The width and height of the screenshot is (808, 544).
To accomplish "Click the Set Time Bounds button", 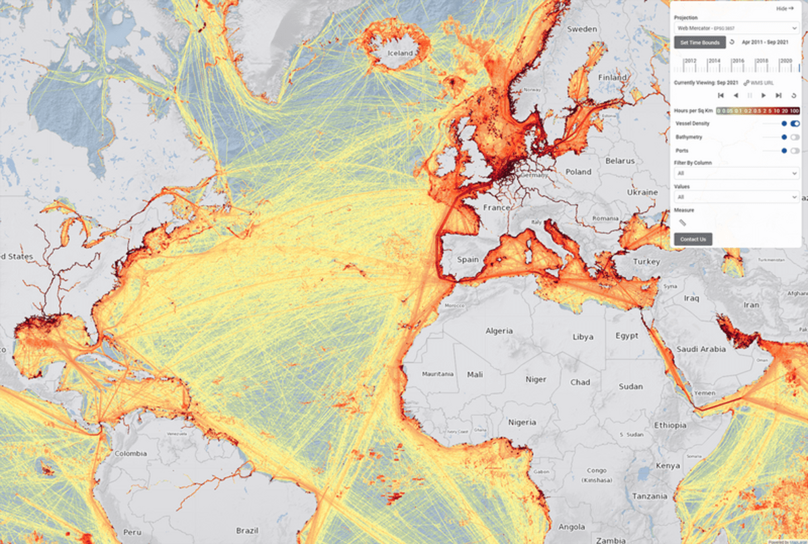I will [x=700, y=42].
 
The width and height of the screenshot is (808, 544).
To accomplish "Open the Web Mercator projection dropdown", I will [x=736, y=28].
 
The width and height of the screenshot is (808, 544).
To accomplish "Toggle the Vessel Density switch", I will [x=795, y=123].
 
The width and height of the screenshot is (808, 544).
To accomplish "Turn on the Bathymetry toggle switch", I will [x=795, y=137].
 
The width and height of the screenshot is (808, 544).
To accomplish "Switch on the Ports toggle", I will [x=795, y=150].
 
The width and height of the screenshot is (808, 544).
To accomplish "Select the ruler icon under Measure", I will [x=681, y=222].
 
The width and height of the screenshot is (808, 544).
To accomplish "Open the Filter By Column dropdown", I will [x=736, y=173].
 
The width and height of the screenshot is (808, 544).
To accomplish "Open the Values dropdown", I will [x=736, y=197].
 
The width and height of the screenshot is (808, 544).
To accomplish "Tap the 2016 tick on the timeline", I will [x=738, y=61].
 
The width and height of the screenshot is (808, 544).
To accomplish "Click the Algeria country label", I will [x=499, y=331].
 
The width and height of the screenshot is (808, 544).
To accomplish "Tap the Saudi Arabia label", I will [x=701, y=349].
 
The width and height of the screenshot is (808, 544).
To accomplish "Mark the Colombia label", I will [x=131, y=454].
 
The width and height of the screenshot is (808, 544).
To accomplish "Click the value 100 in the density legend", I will [x=795, y=111].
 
